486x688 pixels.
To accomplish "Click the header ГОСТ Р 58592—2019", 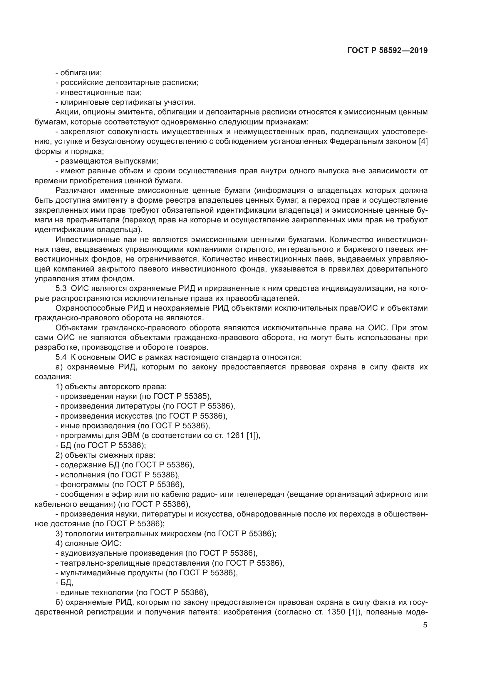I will [387, 50].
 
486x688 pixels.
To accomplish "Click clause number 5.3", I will [61, 289].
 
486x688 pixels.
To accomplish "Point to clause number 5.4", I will [61, 357].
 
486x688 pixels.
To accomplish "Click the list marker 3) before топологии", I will [59, 534].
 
